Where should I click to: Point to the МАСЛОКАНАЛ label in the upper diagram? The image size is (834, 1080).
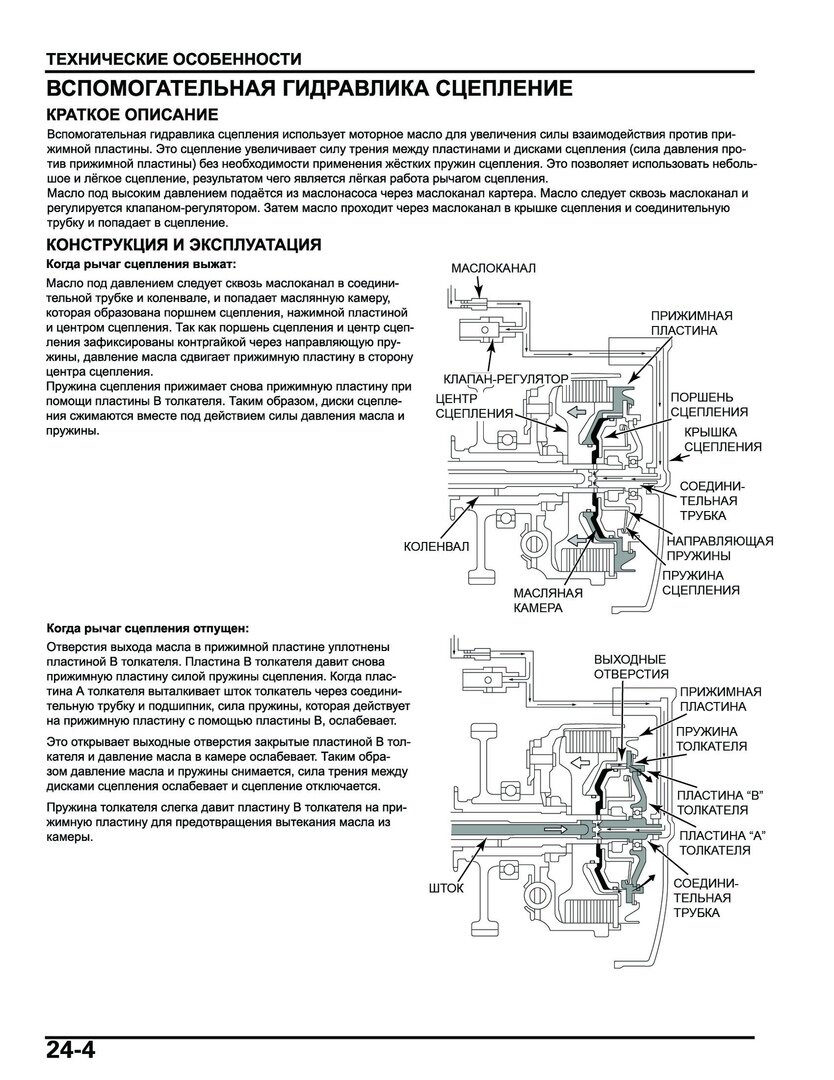pos(494,269)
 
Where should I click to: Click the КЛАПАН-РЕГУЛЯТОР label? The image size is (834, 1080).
pos(506,380)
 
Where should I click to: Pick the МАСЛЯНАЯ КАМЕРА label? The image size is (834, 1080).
pos(548,598)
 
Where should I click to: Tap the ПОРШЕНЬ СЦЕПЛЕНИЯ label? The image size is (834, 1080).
pos(709,404)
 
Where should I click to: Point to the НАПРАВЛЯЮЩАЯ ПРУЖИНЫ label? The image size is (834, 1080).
pos(720,548)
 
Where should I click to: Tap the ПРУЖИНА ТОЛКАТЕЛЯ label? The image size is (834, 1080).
pos(713,738)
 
